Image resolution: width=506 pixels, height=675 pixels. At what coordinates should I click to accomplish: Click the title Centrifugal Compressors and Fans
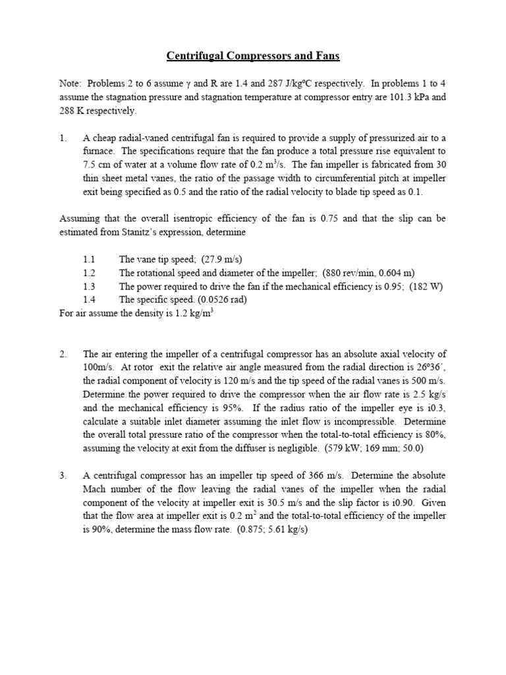pos(253,56)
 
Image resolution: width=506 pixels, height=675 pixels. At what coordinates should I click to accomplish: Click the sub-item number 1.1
pos(90,260)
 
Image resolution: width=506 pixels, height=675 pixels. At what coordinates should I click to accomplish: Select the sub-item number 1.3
pos(90,286)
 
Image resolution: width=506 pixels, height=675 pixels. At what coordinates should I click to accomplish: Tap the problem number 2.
pos(63,355)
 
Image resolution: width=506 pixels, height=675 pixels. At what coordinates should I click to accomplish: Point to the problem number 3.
pos(63,475)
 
